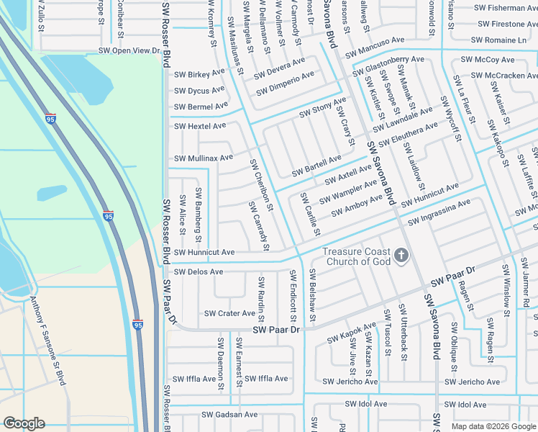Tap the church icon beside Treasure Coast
coord(401,256)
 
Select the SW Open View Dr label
coord(129,51)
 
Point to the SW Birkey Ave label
coord(200,74)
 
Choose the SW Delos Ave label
coord(199,272)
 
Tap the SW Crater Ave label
coord(229,313)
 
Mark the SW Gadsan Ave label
coord(229,415)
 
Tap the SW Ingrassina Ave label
coord(439,213)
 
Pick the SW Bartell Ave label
coord(316,166)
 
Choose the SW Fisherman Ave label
coord(506,9)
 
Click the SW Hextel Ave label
coord(200,125)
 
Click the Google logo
coord(24,423)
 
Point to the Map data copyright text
coord(493,426)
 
